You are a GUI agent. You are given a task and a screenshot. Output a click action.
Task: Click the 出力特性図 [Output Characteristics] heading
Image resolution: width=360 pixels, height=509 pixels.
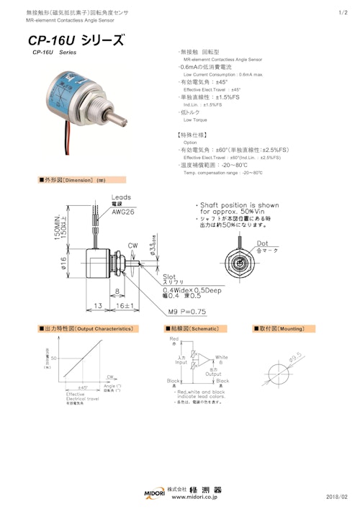(87, 328)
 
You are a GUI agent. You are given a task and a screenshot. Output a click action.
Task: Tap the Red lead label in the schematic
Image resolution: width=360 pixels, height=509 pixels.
(173, 337)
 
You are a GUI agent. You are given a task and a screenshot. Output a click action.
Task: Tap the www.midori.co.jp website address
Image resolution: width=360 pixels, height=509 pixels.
(194, 497)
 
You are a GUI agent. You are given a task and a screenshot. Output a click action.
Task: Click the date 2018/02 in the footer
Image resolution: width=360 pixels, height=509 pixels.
(336, 497)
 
